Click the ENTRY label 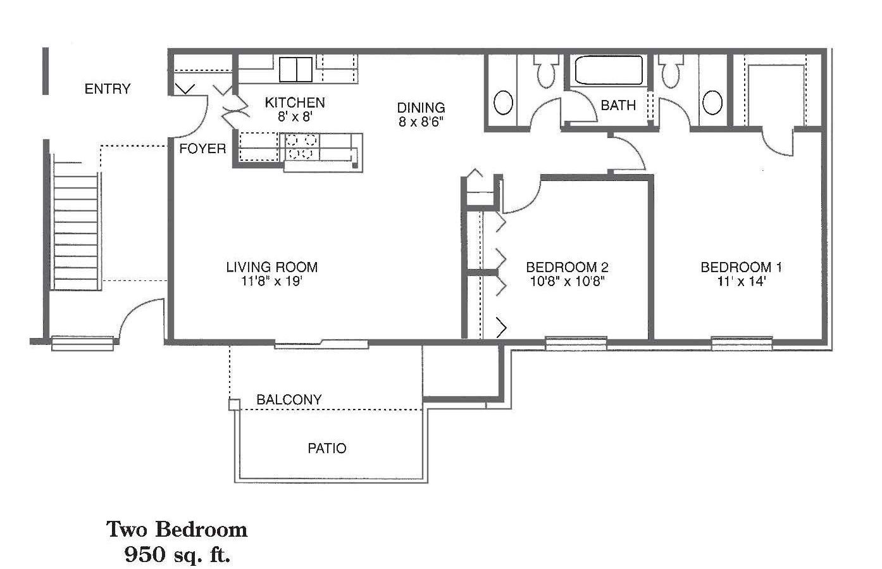coord(108,89)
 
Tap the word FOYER coord(202,149)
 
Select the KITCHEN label coord(295,103)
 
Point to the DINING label coord(421,108)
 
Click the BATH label coord(618,105)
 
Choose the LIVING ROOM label coord(271,267)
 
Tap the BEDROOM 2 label coord(567,267)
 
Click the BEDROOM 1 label coord(741,267)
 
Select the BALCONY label coord(289,399)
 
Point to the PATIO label coord(327,448)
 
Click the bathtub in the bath coord(609,70)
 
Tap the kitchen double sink coord(295,70)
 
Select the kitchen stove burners coord(301,147)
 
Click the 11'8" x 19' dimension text coord(271,281)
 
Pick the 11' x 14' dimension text coord(741,281)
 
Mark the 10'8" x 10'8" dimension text coord(567,281)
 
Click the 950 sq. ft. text coord(177,555)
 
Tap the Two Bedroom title coord(177,530)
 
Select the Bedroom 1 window coord(742,344)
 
